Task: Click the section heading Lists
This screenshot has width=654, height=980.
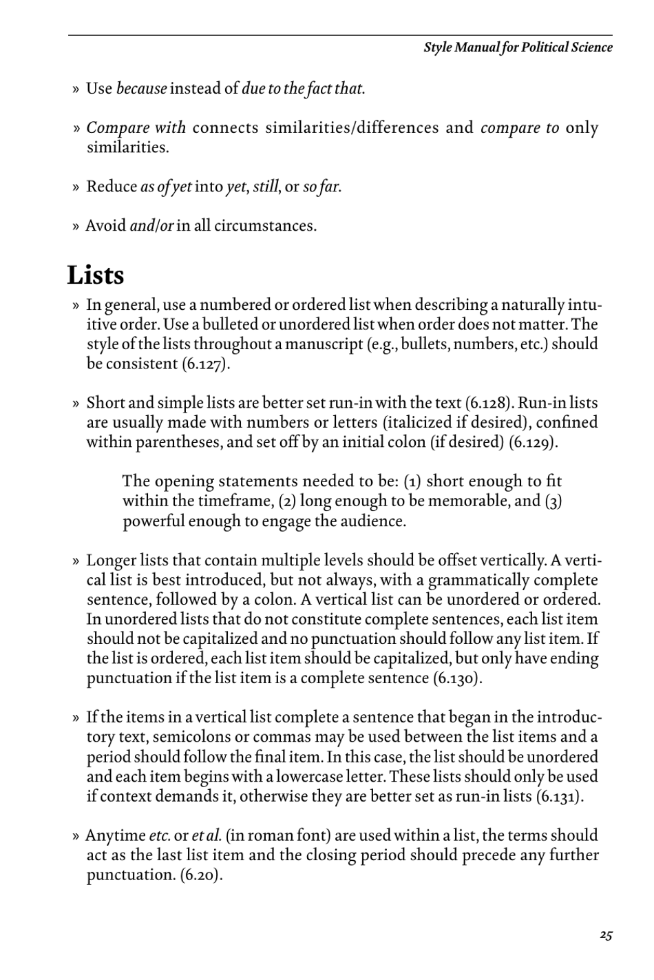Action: [96, 275]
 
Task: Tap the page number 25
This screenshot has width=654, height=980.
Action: [605, 935]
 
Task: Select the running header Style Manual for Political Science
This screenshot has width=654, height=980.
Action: [517, 48]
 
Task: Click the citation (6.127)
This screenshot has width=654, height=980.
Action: [205, 364]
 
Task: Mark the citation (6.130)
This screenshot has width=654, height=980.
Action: [456, 678]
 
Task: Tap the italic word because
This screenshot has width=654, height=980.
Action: [141, 89]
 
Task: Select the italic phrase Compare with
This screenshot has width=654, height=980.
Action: [136, 128]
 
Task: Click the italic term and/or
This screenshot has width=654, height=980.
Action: [151, 226]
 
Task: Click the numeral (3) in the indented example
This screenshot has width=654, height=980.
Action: [553, 501]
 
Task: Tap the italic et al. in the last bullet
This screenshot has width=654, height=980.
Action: [207, 836]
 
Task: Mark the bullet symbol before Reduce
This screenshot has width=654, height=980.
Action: [76, 187]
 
